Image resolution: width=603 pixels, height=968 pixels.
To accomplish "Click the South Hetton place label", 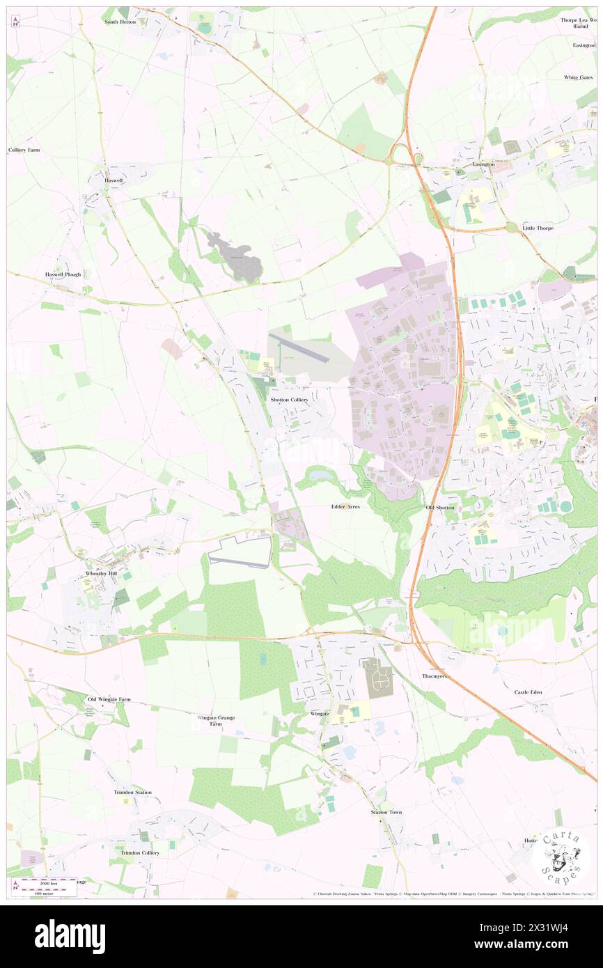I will (120, 22).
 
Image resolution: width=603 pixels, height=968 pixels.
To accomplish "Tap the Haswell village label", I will (113, 180).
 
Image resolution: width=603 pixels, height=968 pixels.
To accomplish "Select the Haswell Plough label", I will (63, 274).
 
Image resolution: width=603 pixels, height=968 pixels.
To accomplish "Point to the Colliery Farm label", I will (24, 150).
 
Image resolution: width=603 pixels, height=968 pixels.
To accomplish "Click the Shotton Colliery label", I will (289, 400).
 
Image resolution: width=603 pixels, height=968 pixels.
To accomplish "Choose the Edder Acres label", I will (345, 507).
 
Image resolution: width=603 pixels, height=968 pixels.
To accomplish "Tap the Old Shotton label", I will (440, 508).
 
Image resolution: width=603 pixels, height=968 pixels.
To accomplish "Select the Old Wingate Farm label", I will (109, 698).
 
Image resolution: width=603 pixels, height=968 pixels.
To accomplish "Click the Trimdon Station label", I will (133, 792).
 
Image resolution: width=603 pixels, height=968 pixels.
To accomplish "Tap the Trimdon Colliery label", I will (140, 852).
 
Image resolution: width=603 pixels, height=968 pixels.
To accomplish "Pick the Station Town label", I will (386, 812).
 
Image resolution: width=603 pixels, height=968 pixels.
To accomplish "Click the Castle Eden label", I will (528, 692).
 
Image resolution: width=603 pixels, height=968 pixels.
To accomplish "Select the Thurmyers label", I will (435, 676).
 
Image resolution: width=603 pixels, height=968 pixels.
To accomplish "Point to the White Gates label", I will (579, 77).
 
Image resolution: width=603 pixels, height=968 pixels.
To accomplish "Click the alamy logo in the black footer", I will (70, 937).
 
